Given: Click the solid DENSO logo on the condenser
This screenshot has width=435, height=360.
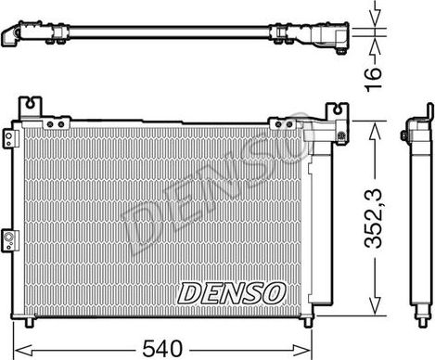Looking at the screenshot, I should click(231, 292).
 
